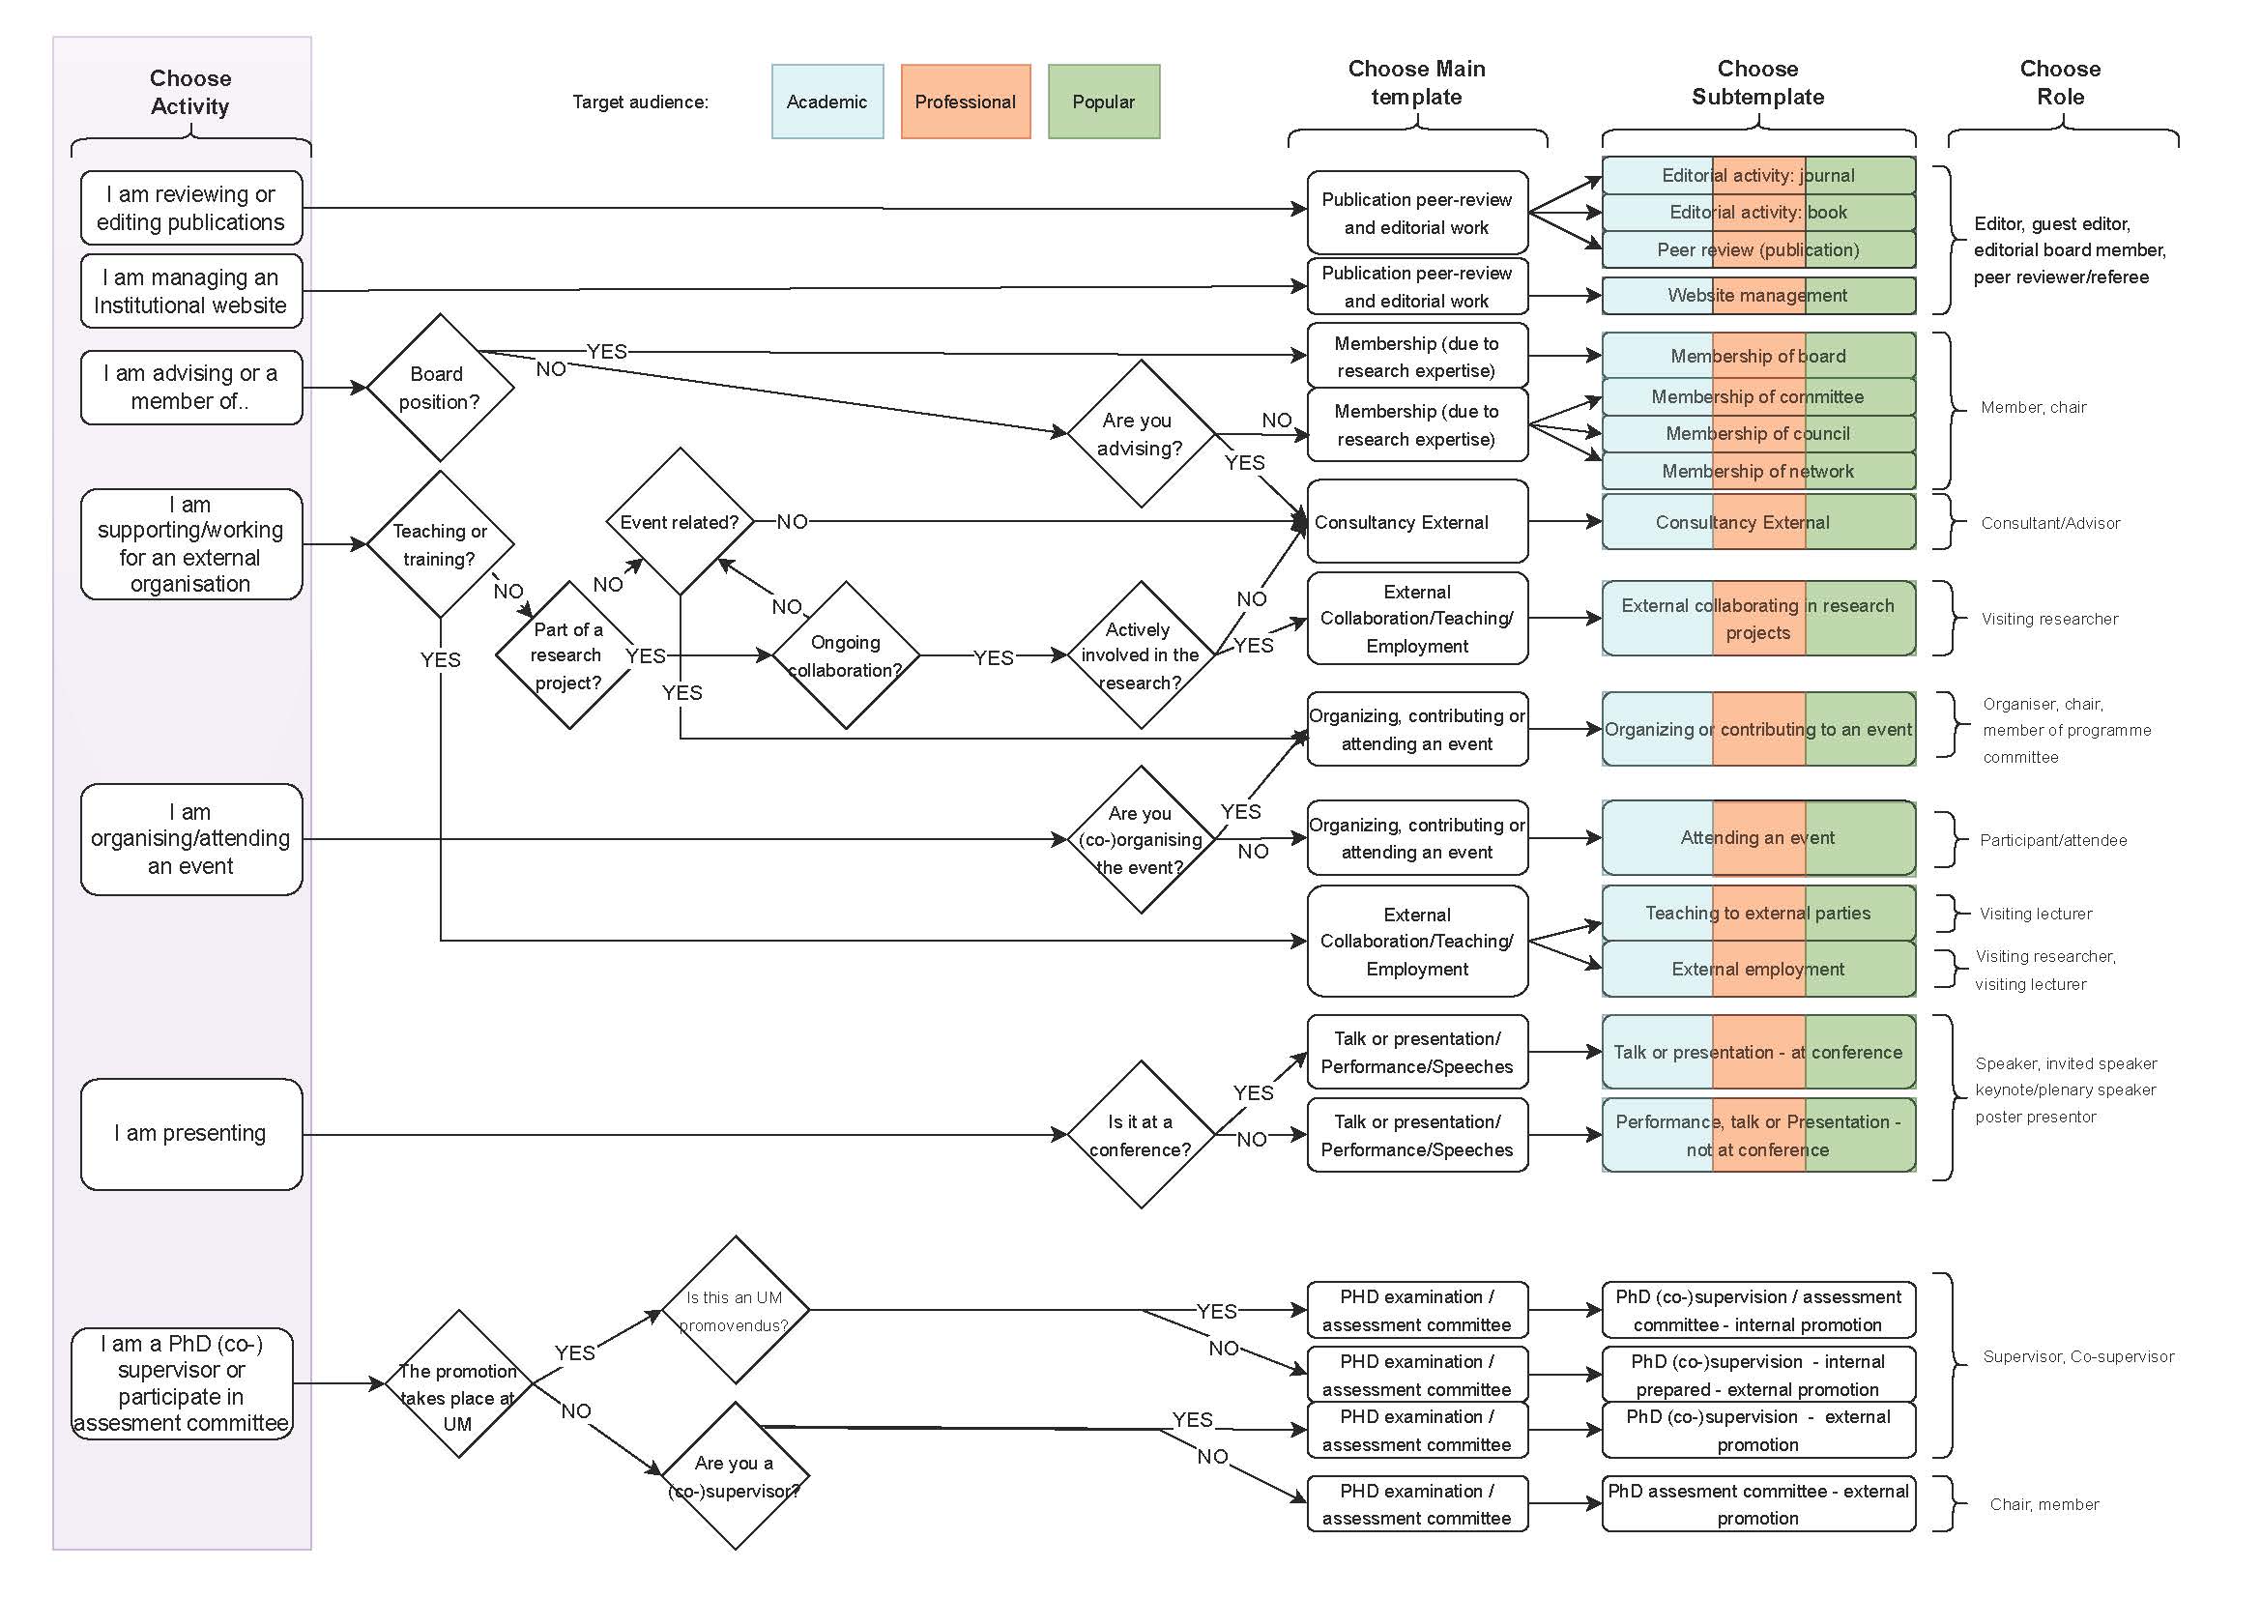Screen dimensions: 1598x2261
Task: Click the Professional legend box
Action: click(965, 102)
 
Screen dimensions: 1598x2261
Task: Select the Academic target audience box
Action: click(827, 102)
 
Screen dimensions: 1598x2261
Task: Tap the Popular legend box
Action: click(1103, 102)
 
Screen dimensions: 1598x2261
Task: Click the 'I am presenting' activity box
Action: click(191, 1133)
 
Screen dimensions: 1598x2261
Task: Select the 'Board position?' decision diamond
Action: click(439, 387)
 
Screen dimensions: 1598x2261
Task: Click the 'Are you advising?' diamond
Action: click(1141, 433)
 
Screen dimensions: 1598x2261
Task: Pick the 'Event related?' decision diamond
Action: click(680, 522)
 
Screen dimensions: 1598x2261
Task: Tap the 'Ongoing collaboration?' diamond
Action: click(845, 654)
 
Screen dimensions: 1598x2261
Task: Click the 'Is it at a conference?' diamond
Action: click(1141, 1134)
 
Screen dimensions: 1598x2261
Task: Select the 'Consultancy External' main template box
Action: click(1416, 522)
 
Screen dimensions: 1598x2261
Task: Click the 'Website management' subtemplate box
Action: click(1757, 296)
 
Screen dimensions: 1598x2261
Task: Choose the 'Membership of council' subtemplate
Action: click(1757, 433)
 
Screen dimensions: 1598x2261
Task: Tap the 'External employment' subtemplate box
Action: click(1757, 969)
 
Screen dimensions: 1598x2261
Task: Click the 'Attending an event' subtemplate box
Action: click(1757, 838)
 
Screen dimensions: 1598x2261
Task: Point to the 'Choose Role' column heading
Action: click(2060, 83)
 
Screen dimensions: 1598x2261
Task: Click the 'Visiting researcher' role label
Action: click(2049, 619)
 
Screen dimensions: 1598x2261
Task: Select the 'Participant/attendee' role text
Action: click(2053, 840)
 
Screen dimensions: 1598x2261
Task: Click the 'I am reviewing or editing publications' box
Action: click(191, 208)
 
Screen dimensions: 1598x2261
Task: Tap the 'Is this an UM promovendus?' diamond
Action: click(735, 1311)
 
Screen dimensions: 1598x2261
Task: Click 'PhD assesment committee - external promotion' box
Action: click(1757, 1503)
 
